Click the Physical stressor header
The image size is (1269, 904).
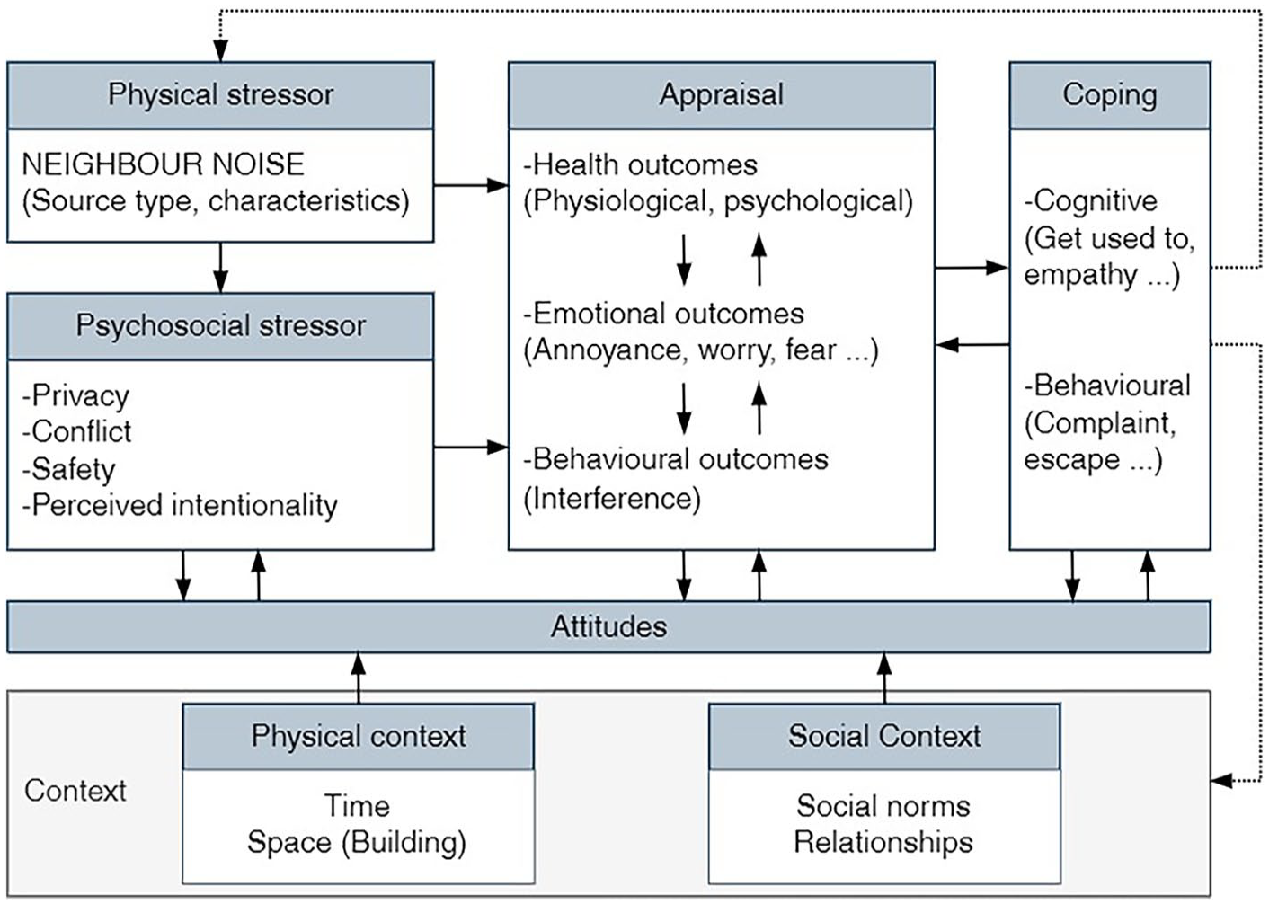(x=220, y=95)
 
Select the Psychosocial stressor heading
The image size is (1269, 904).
(x=220, y=326)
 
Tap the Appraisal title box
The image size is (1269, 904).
(x=721, y=95)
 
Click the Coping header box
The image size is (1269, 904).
(x=1110, y=95)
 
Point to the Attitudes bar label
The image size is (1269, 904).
(x=609, y=627)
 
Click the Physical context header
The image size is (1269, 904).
(x=358, y=736)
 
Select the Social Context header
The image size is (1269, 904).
(x=884, y=736)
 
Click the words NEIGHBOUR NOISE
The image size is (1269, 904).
(x=164, y=164)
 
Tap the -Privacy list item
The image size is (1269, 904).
(x=75, y=396)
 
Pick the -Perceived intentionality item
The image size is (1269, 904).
(x=180, y=505)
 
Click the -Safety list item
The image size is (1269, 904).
(x=68, y=470)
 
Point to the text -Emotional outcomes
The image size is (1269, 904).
(x=663, y=314)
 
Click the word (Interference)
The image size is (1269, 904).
(x=612, y=499)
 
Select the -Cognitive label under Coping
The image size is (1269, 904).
(x=1090, y=201)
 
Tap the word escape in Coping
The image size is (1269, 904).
(x=1072, y=460)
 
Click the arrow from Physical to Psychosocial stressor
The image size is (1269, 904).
(x=220, y=268)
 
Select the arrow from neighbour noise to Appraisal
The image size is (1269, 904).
(x=471, y=185)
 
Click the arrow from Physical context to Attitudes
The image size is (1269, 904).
(x=358, y=678)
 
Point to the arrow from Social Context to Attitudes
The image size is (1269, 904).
(x=884, y=678)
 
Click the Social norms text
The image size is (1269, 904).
(x=883, y=806)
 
